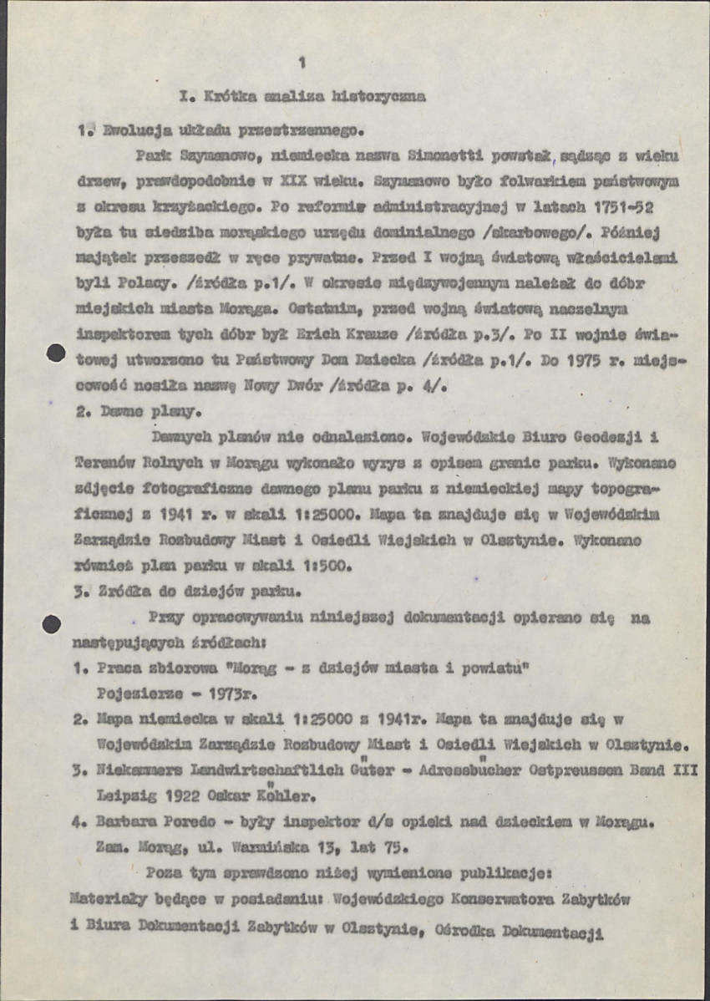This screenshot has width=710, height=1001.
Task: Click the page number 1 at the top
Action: pos(302,61)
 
